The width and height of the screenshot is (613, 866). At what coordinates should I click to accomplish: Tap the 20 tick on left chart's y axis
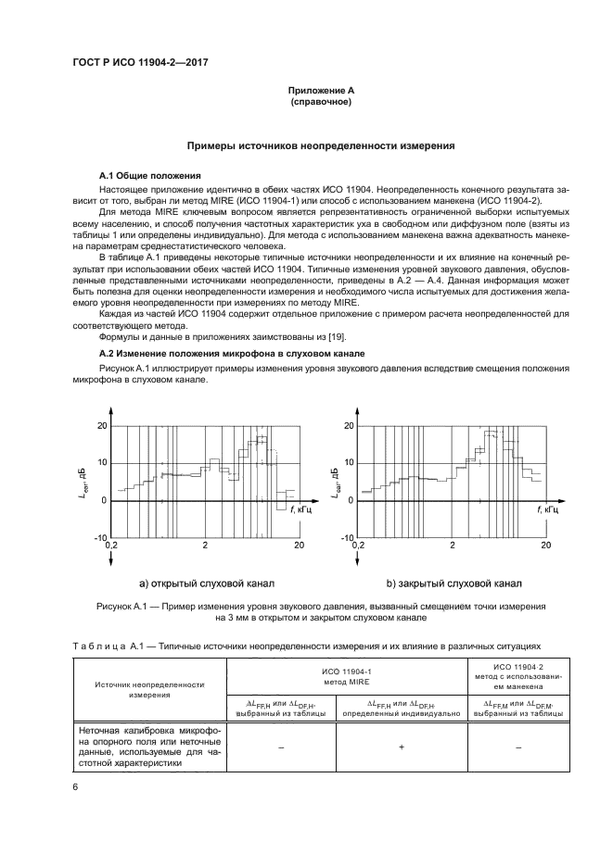click(x=102, y=426)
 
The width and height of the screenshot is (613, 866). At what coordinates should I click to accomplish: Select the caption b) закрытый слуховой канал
click(x=453, y=584)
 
